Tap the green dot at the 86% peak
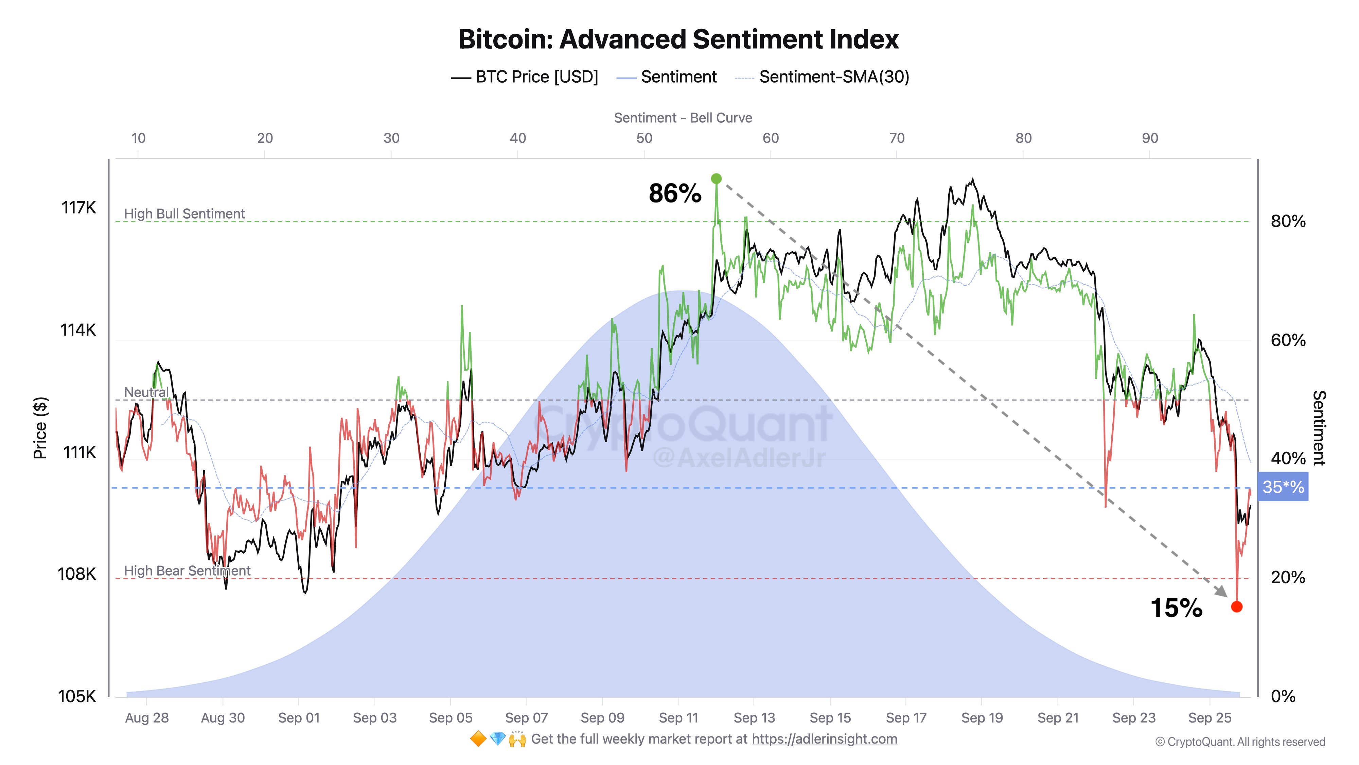click(x=716, y=179)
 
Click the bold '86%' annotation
click(x=675, y=193)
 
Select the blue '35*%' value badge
click(x=1283, y=487)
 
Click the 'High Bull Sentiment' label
click(x=184, y=214)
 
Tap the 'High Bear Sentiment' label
click(x=187, y=571)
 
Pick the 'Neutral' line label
click(x=146, y=392)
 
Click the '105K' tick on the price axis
click(x=77, y=696)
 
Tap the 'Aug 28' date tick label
click(x=147, y=718)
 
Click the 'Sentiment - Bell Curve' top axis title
click(x=683, y=118)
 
